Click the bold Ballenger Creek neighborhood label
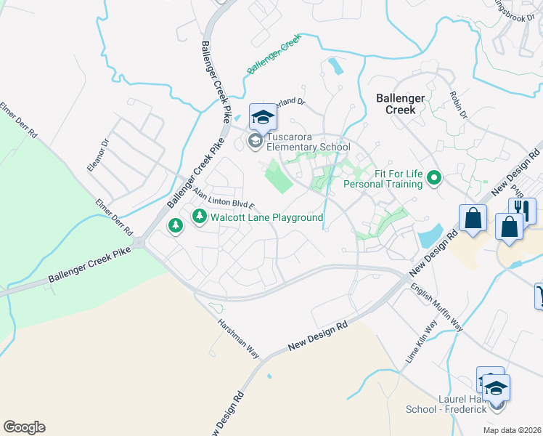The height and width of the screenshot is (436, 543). coord(396,103)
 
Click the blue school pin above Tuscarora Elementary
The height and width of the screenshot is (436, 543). coord(262,117)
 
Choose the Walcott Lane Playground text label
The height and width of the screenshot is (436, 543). coord(266,217)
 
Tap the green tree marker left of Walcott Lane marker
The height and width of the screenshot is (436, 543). coord(175,226)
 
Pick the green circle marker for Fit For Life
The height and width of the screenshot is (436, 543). coord(434,177)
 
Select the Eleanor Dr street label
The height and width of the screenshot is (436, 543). coord(97,156)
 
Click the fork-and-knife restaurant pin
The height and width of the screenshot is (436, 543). coord(522,211)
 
